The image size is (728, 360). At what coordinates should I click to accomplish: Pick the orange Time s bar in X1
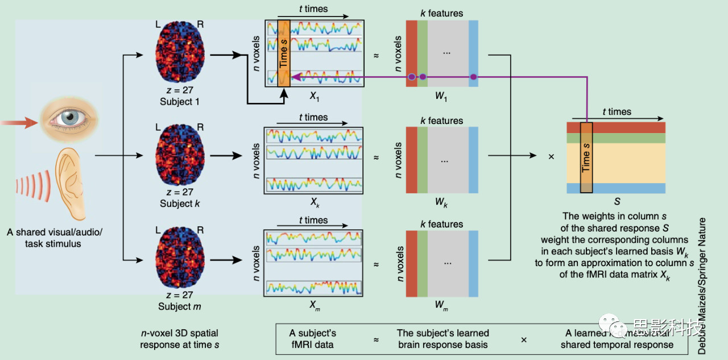[x=284, y=53]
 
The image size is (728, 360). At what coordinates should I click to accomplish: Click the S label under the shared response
[x=617, y=201]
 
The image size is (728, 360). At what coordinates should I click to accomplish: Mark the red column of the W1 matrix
[x=411, y=53]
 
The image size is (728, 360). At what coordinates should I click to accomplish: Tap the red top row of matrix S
[x=616, y=127]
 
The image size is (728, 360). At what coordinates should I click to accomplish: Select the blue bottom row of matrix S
[x=616, y=188]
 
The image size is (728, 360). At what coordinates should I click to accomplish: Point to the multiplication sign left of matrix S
[x=551, y=156]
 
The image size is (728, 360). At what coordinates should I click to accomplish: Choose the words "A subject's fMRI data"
[x=312, y=338]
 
